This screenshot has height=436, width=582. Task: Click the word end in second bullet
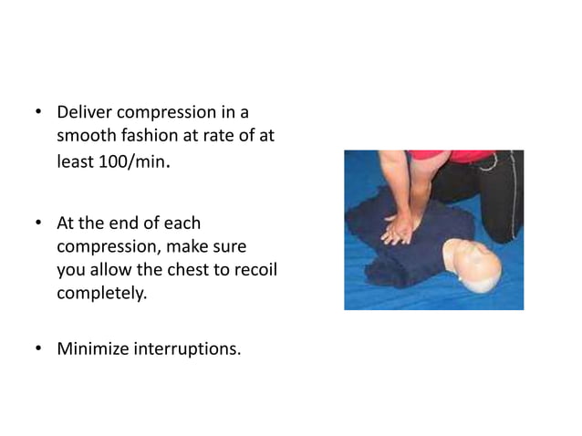point(127,223)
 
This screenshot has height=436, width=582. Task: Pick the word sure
point(233,247)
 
